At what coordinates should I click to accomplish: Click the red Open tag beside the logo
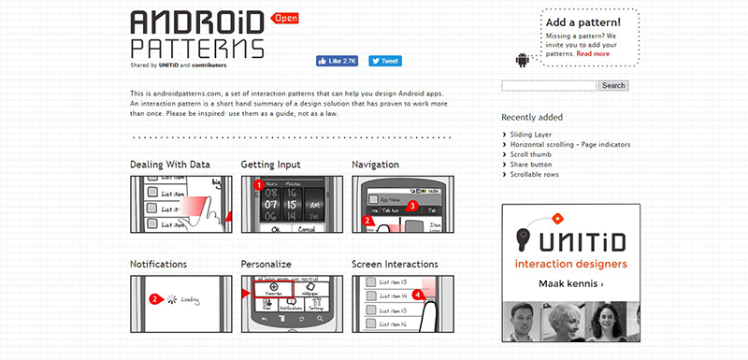(x=285, y=18)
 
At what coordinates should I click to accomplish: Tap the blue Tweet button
(x=384, y=61)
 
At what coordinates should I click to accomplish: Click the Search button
(x=613, y=85)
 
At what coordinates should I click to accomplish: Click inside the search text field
(x=549, y=85)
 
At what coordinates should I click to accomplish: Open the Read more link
(x=593, y=53)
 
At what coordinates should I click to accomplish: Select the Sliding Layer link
(x=530, y=135)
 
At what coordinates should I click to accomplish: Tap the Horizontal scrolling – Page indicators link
(x=569, y=144)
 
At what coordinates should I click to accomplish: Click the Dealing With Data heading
(x=170, y=165)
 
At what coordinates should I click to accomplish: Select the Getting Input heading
(x=271, y=165)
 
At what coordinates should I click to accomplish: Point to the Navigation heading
(x=376, y=165)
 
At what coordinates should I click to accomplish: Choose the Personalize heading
(x=266, y=265)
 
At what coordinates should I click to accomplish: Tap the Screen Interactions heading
(x=395, y=265)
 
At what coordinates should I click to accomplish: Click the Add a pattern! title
(x=583, y=22)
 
